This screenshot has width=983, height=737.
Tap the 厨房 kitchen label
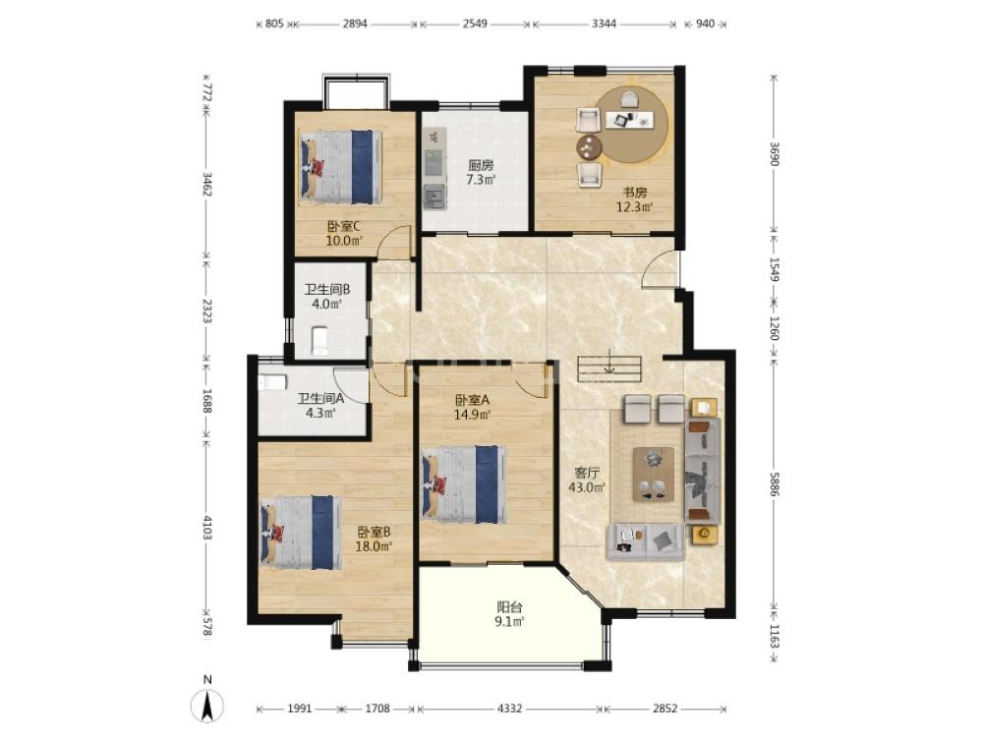pyautogui.click(x=481, y=165)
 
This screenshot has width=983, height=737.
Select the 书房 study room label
pyautogui.click(x=634, y=192)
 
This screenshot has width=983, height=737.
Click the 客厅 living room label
pyautogui.click(x=588, y=473)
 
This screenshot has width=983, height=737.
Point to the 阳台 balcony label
pyautogui.click(x=509, y=606)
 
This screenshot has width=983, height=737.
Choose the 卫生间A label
pyautogui.click(x=320, y=398)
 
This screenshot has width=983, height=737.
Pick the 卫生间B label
pyautogui.click(x=326, y=290)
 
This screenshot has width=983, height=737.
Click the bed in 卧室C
pyautogui.click(x=340, y=167)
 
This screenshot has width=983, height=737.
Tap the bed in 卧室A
pyautogui.click(x=465, y=483)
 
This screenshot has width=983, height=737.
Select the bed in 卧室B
pyautogui.click(x=301, y=533)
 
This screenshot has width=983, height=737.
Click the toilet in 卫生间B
pyautogui.click(x=319, y=340)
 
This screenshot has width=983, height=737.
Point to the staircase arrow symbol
pyautogui.click(x=608, y=365)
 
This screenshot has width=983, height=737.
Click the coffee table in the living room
pyautogui.click(x=654, y=475)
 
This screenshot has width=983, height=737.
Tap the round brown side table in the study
pyautogui.click(x=589, y=147)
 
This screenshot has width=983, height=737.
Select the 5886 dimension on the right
pyautogui.click(x=776, y=484)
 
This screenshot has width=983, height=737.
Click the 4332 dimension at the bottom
pyautogui.click(x=509, y=709)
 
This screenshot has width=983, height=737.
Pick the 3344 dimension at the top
pyautogui.click(x=604, y=24)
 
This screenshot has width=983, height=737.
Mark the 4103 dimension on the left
pyautogui.click(x=207, y=527)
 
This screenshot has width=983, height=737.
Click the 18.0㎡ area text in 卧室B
pyautogui.click(x=374, y=546)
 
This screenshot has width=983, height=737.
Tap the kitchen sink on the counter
pyautogui.click(x=434, y=198)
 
